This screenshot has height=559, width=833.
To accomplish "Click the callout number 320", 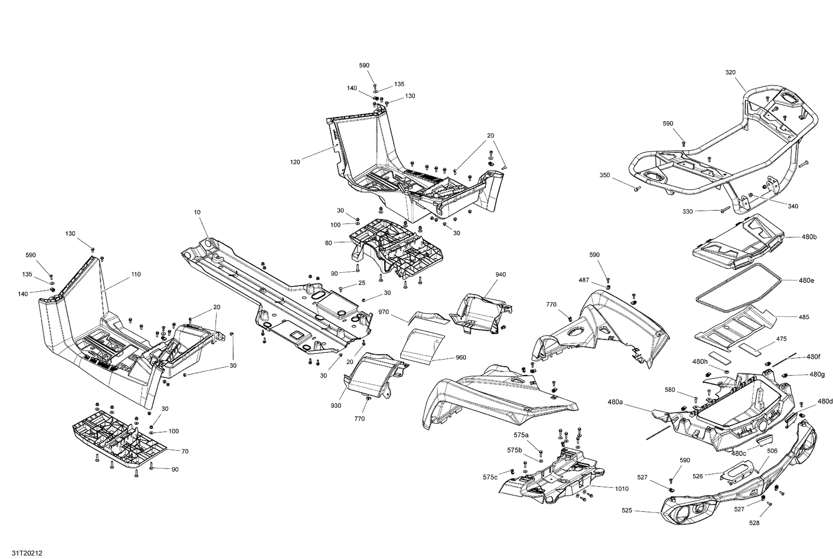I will pyautogui.click(x=730, y=72).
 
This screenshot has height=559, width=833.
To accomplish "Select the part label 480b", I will pyautogui.click(x=809, y=237).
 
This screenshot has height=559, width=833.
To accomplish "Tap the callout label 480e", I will pyautogui.click(x=807, y=281).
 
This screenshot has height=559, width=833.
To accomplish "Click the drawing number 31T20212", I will pyautogui.click(x=16, y=553).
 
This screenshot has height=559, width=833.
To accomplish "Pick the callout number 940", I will pyautogui.click(x=500, y=274).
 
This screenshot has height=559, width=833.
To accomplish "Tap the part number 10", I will pyautogui.click(x=197, y=212).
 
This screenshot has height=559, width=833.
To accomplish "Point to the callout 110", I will pyautogui.click(x=136, y=274).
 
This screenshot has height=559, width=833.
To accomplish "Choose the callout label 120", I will pyautogui.click(x=295, y=162).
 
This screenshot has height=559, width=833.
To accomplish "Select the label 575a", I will pyautogui.click(x=521, y=435).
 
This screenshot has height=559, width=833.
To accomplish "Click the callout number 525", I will pyautogui.click(x=628, y=511).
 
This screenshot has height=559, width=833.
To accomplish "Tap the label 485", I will pyautogui.click(x=804, y=317).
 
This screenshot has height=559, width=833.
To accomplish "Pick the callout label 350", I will pyautogui.click(x=604, y=175).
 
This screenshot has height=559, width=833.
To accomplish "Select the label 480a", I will pyautogui.click(x=615, y=401).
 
